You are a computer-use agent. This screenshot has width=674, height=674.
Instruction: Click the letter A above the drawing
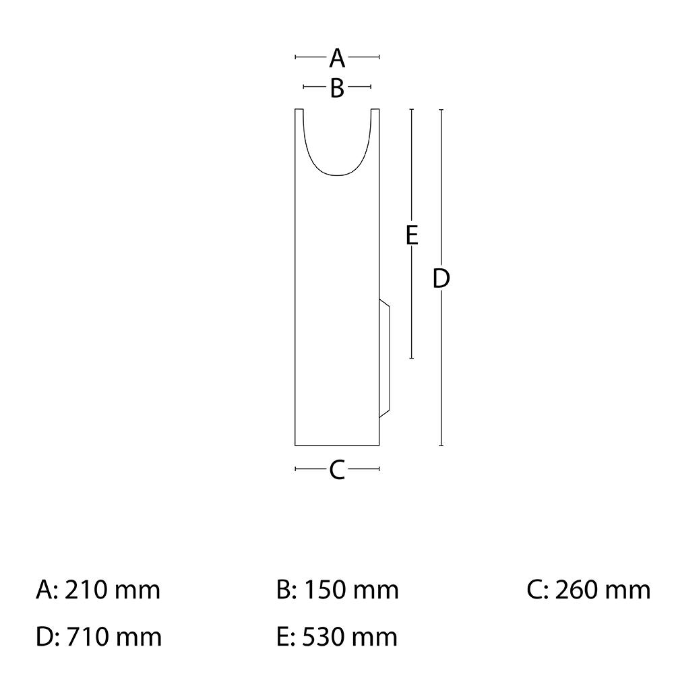[x=337, y=58]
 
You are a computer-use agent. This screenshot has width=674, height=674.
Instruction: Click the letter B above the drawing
[x=338, y=88]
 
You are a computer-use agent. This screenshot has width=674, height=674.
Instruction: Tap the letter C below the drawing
[x=338, y=470]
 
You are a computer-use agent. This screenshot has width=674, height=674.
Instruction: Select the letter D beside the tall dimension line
[x=441, y=278]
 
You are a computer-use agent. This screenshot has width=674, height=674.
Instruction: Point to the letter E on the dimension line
[x=412, y=235]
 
